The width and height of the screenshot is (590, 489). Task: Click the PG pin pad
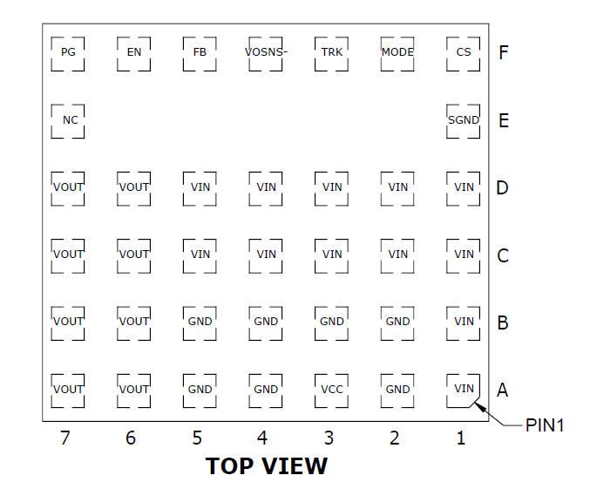(x=68, y=52)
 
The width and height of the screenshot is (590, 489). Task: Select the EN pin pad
(x=134, y=52)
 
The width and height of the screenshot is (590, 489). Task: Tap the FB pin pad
(x=200, y=52)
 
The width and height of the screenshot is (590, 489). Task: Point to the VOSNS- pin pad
(x=266, y=52)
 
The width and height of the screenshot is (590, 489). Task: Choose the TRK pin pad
(x=332, y=52)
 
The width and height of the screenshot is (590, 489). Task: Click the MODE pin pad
(x=397, y=52)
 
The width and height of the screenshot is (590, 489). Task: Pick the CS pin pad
(x=464, y=52)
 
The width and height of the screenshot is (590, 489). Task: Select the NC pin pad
(x=68, y=120)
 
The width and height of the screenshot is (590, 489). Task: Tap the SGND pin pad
(x=464, y=120)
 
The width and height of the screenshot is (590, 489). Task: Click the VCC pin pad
(x=332, y=390)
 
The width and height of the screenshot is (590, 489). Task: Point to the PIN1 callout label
(x=546, y=425)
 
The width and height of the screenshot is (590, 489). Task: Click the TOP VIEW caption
(x=267, y=466)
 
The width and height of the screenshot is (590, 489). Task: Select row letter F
(x=504, y=52)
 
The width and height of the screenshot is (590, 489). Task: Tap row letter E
(x=504, y=120)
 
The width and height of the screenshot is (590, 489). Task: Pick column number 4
(x=262, y=438)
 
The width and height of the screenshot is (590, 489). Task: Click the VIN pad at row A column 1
(x=464, y=390)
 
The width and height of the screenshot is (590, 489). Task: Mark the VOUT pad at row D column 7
(x=68, y=187)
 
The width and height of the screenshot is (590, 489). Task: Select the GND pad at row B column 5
(x=200, y=322)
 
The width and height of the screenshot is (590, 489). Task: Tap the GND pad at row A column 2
(x=397, y=390)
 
